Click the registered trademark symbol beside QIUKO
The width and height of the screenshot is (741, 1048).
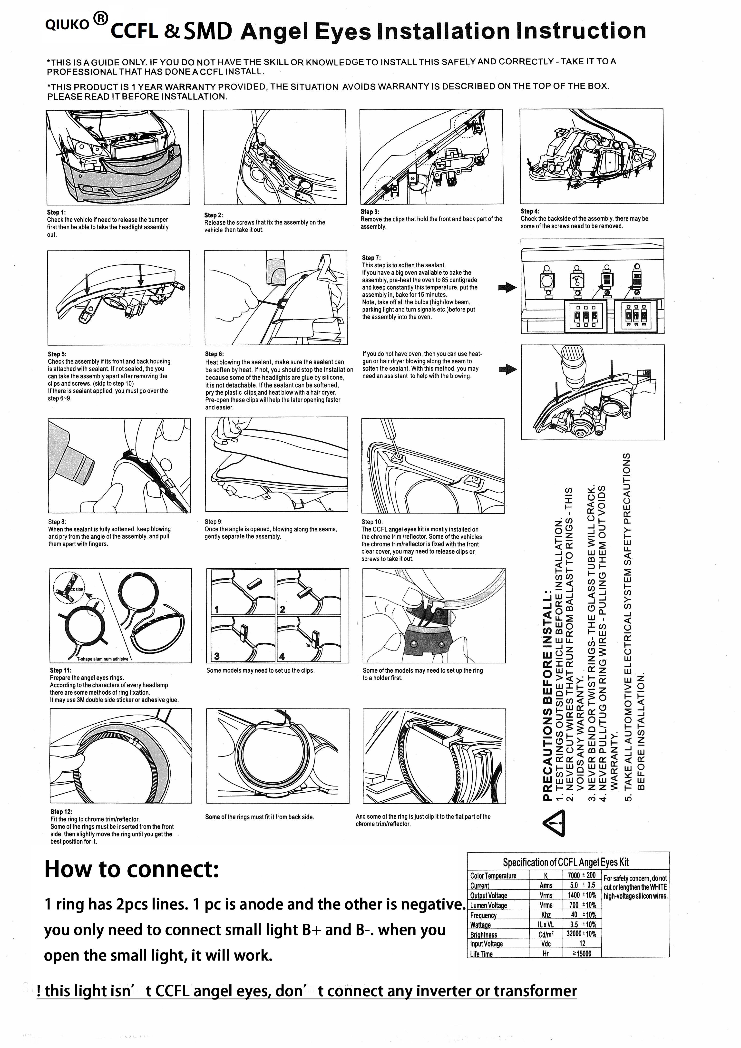tap(100, 18)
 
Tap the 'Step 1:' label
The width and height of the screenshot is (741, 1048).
tap(56, 212)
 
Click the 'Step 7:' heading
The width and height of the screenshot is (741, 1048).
tap(371, 258)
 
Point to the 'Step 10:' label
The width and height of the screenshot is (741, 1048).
tap(372, 522)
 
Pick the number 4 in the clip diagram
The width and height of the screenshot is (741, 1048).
tap(282, 656)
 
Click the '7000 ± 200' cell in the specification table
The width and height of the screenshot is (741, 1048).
tap(582, 875)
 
